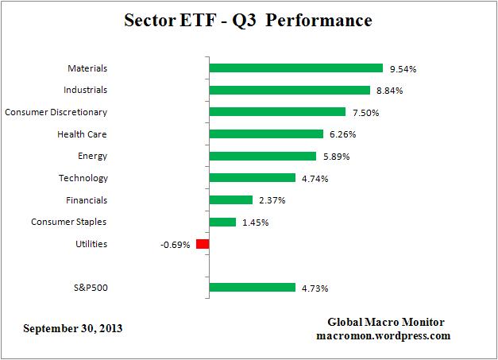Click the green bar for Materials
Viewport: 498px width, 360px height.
coord(295,68)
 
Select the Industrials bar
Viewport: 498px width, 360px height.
coord(289,91)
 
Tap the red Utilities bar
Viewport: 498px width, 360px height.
coord(203,244)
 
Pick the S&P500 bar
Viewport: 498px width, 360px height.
coord(252,288)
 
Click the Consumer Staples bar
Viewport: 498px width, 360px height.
coord(222,222)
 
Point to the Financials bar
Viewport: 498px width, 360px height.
coord(230,200)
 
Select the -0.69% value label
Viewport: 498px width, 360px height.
coord(175,245)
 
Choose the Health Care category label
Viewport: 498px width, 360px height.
coord(81,134)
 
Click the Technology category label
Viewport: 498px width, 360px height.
coord(83,178)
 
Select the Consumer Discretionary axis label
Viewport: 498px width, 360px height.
coord(56,112)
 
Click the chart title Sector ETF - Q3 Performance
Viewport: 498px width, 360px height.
coord(249,20)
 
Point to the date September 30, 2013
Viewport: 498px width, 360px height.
coord(73,327)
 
